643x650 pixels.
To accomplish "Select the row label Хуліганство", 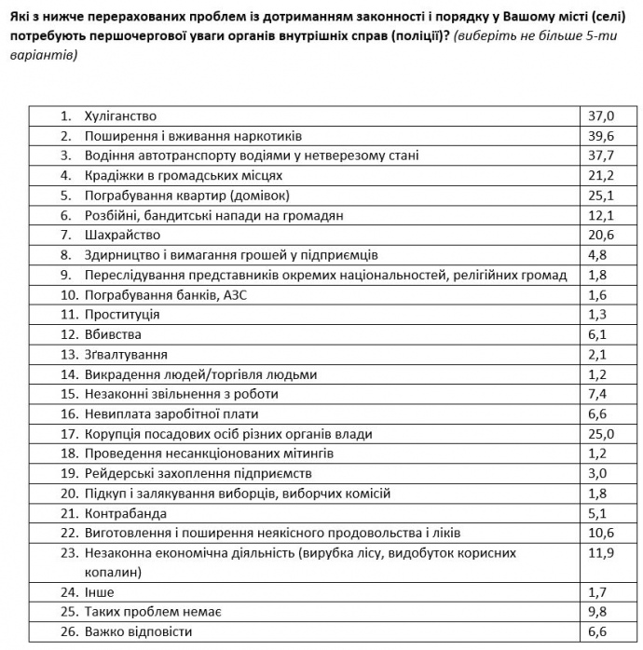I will [x=119, y=116].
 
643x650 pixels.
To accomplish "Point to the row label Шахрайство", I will [x=122, y=235].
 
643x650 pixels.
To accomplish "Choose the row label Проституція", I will [x=122, y=314].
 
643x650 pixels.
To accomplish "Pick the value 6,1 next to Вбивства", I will [x=597, y=334].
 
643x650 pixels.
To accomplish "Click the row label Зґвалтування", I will [x=126, y=354].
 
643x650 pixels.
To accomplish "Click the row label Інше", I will [x=99, y=591].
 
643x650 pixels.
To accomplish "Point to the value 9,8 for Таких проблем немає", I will [x=597, y=612].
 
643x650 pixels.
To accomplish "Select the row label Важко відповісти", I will [x=140, y=631].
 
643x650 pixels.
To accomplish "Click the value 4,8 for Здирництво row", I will [x=597, y=255].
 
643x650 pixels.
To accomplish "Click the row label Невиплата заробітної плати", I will [x=171, y=413].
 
